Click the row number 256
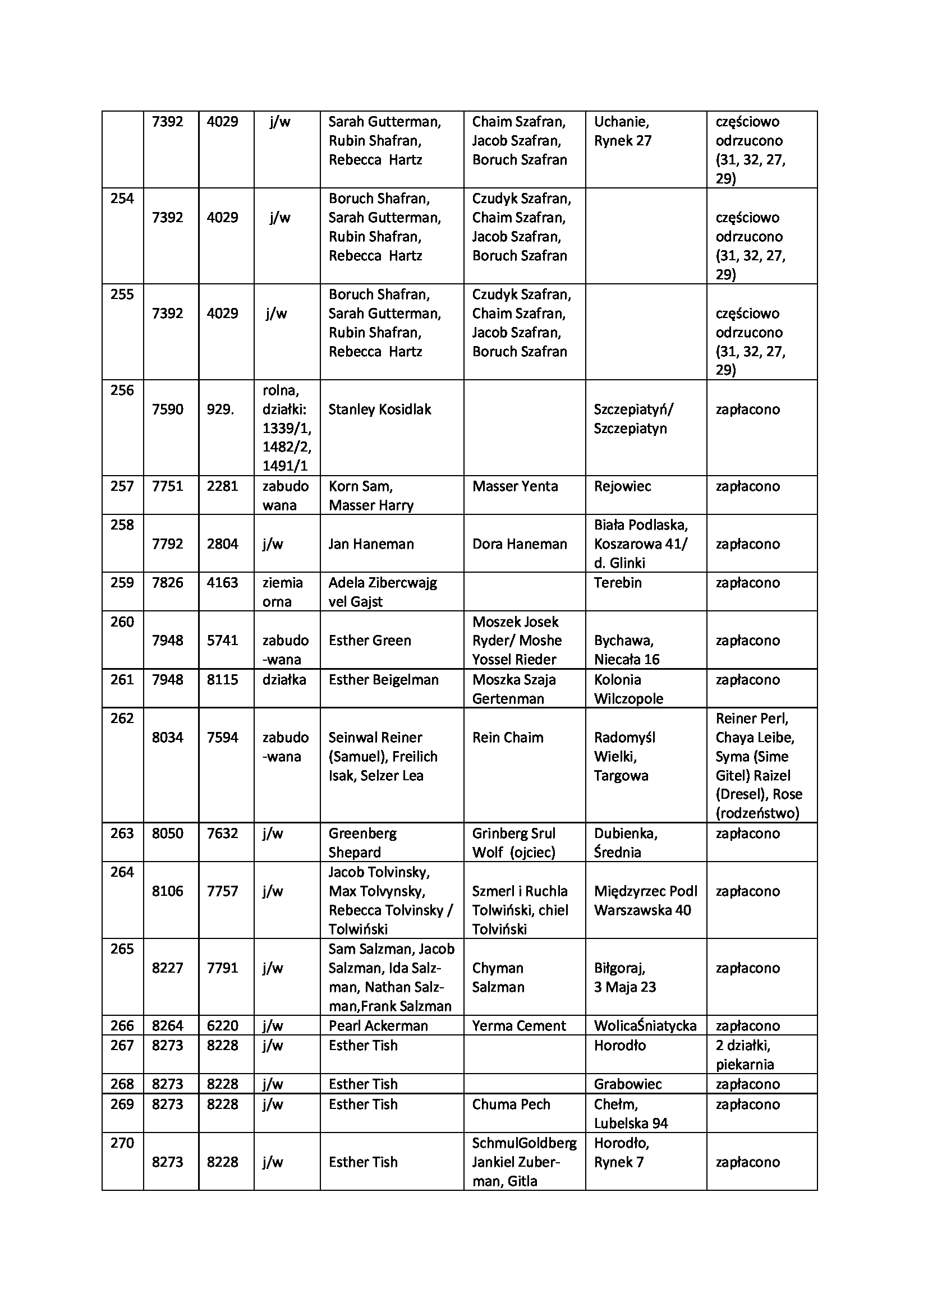click(x=122, y=390)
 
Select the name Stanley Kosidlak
click(x=379, y=409)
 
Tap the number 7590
click(x=167, y=409)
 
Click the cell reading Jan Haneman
click(x=371, y=544)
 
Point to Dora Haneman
click(x=520, y=544)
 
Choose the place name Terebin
click(x=618, y=582)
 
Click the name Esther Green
click(x=370, y=640)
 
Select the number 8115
click(x=222, y=679)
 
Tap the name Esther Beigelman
click(x=383, y=679)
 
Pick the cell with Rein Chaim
click(x=507, y=737)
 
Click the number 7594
click(x=222, y=737)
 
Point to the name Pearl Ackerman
click(x=378, y=1026)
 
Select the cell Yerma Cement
click(x=519, y=1026)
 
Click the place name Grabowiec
click(x=628, y=1084)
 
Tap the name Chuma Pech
click(x=511, y=1104)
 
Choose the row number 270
click(x=122, y=1143)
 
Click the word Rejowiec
click(x=622, y=486)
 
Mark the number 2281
click(x=222, y=486)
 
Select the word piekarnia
click(x=745, y=1065)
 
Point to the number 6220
click(x=222, y=1026)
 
